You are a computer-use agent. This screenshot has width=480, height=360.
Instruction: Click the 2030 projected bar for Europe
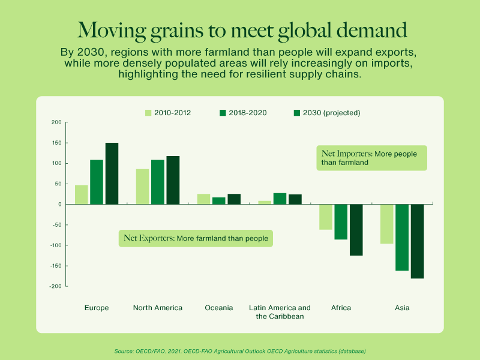[112, 173]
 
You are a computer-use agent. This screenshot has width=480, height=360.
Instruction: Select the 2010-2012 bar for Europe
[81, 194]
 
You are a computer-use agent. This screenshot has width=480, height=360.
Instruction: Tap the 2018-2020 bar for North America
[157, 182]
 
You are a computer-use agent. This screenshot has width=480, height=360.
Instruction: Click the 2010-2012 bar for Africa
[326, 217]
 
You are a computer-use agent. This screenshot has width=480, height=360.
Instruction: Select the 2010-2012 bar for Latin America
[265, 202]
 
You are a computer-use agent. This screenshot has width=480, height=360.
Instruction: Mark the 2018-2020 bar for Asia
[401, 237]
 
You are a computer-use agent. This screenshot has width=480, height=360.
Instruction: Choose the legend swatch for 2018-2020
[223, 113]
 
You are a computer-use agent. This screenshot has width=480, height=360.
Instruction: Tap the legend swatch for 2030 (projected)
[297, 113]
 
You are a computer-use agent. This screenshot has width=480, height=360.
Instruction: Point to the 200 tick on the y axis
[56, 122]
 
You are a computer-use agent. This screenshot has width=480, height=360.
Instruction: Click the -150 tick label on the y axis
[55, 266]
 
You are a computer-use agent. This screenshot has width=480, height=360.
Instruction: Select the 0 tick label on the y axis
[59, 205]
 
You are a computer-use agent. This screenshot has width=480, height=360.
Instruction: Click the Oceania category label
[218, 308]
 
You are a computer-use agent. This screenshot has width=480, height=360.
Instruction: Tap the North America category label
[157, 308]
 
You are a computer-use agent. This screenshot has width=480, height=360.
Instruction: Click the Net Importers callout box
[371, 158]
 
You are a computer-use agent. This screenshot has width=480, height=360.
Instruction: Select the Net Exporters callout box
[196, 238]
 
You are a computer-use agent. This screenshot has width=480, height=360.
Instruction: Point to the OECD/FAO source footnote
[239, 350]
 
